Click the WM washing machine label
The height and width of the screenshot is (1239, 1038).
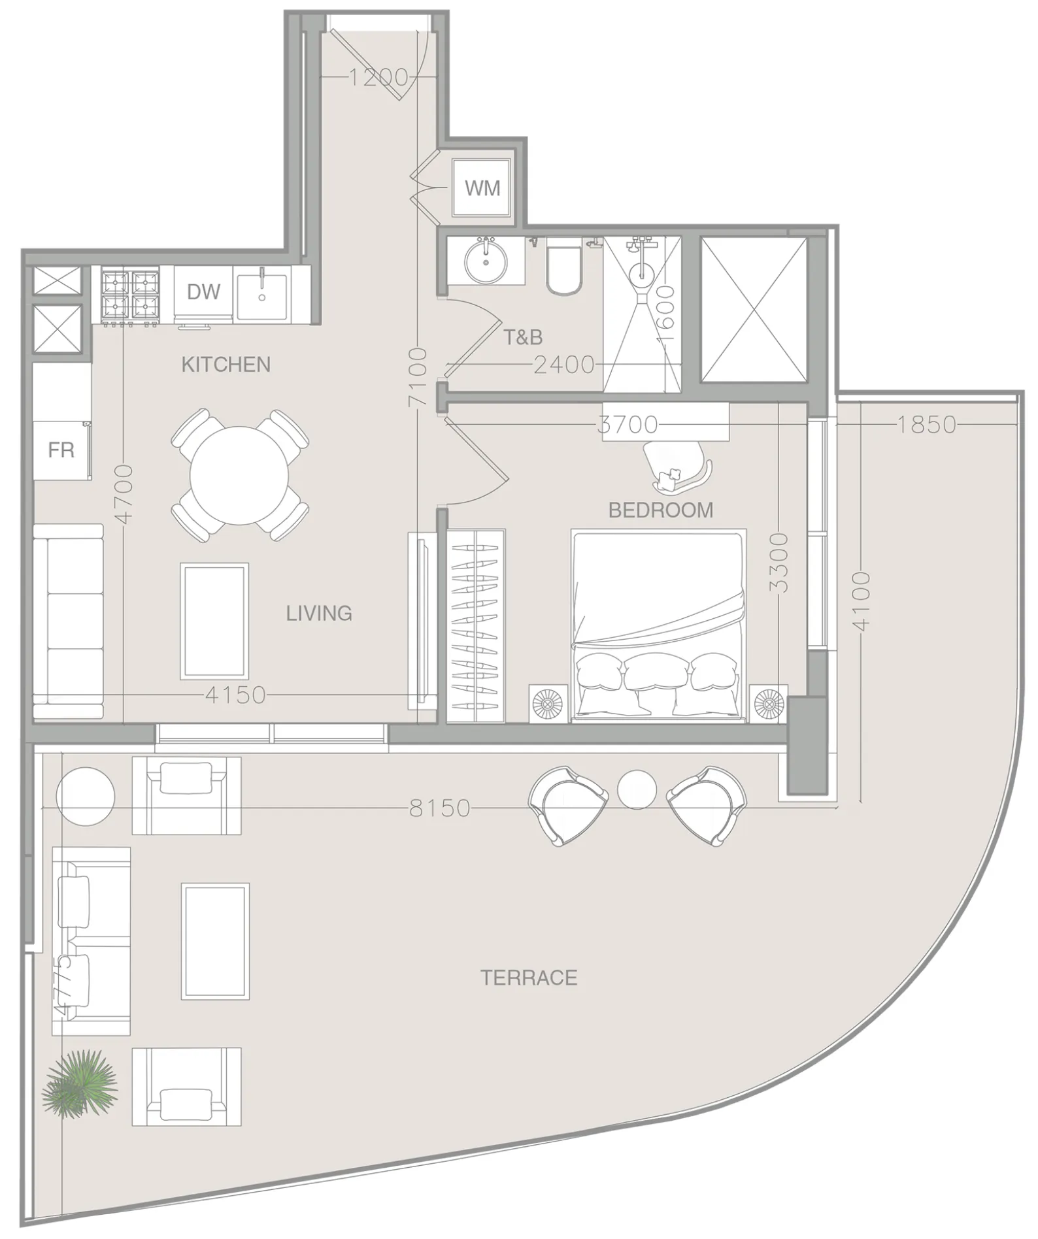482,188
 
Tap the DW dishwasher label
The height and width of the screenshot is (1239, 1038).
203,291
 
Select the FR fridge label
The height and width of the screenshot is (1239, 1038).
61,450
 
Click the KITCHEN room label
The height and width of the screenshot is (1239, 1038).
226,365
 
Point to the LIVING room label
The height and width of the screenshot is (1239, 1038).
319,613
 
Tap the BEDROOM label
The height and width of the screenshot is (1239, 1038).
660,510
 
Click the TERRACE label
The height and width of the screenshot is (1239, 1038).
529,978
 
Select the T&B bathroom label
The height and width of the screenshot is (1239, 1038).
523,337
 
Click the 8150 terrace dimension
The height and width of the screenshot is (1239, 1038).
439,808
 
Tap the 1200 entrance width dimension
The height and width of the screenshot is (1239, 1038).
378,78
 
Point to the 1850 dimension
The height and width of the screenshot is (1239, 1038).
926,425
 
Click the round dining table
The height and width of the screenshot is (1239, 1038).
239,475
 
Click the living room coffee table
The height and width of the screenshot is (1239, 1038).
214,621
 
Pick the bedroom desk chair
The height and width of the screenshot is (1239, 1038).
676,462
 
